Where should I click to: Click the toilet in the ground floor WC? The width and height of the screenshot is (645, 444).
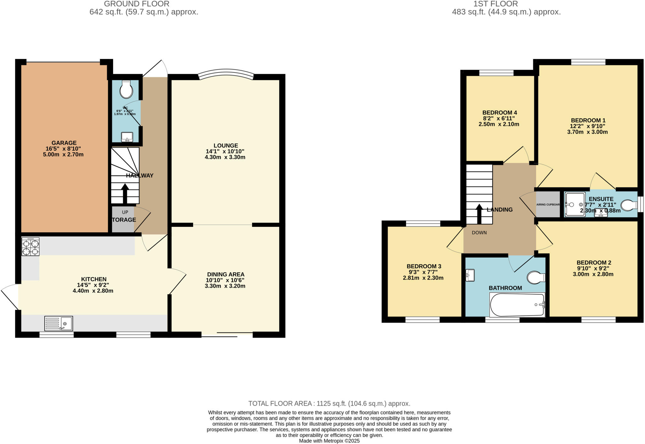click(126, 90)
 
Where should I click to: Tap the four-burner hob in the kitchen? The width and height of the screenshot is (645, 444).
click(31, 246)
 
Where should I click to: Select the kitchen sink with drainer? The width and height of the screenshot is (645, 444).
click(59, 323)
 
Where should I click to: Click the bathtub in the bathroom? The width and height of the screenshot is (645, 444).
click(517, 305)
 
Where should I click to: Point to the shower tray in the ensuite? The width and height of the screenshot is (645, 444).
click(575, 205)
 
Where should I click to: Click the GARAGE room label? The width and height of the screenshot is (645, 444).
click(64, 143)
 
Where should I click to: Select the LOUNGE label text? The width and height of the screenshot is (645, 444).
click(225, 146)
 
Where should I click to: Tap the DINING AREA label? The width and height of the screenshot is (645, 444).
click(225, 274)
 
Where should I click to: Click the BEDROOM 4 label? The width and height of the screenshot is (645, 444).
click(499, 112)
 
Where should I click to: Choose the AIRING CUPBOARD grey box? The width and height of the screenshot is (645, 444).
click(548, 205)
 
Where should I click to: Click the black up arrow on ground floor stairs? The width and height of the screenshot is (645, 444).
click(125, 193)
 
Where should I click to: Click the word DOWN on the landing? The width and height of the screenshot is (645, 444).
click(479, 233)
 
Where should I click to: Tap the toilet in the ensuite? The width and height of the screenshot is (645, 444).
click(629, 205)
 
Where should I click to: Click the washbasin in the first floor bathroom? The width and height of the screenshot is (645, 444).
click(470, 275)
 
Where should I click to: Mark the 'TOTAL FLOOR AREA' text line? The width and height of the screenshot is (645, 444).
click(329, 403)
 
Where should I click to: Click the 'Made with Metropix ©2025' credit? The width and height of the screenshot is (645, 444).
click(329, 441)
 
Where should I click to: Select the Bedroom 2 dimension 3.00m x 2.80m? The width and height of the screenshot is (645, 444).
click(593, 274)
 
